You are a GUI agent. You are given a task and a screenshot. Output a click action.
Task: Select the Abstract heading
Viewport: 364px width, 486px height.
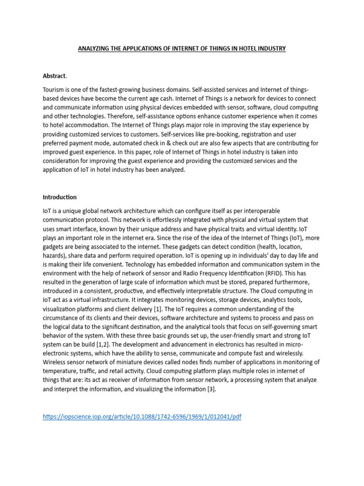pos(55,75)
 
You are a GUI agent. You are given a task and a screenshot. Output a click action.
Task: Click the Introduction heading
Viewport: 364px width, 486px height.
pos(60,197)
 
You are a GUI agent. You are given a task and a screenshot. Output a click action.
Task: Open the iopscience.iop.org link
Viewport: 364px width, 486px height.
pos(142,417)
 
